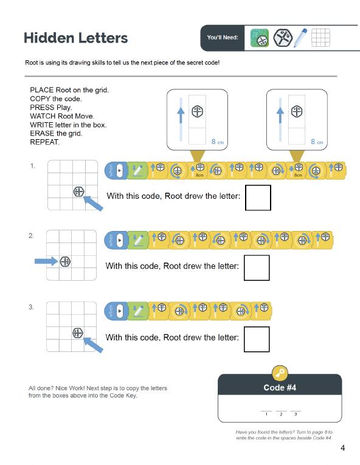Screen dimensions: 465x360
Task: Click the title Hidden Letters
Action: click(x=75, y=38)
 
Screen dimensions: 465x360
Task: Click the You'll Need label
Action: click(x=223, y=38)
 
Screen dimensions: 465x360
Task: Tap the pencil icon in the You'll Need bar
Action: click(x=300, y=38)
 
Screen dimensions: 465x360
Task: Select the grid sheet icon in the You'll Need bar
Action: click(x=320, y=38)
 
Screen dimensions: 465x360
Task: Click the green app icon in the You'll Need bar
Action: click(x=260, y=38)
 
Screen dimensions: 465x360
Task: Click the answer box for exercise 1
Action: click(x=257, y=198)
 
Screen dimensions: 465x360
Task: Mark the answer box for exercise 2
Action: click(x=256, y=267)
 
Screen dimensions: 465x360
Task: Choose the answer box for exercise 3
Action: click(x=256, y=339)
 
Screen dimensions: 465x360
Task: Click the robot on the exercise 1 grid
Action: click(x=79, y=191)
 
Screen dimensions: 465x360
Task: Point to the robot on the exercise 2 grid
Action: click(x=66, y=261)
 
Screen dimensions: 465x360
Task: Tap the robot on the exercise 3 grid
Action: click(x=78, y=332)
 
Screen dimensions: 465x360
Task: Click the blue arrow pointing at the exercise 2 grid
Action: click(x=45, y=261)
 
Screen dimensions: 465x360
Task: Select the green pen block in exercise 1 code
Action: click(x=137, y=171)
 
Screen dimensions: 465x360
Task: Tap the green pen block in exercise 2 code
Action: click(x=137, y=241)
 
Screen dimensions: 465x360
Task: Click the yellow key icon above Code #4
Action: click(x=280, y=373)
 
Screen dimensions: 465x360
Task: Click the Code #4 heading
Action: click(x=280, y=388)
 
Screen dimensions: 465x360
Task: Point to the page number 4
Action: click(x=343, y=449)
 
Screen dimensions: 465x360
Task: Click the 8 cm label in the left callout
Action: click(x=217, y=141)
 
